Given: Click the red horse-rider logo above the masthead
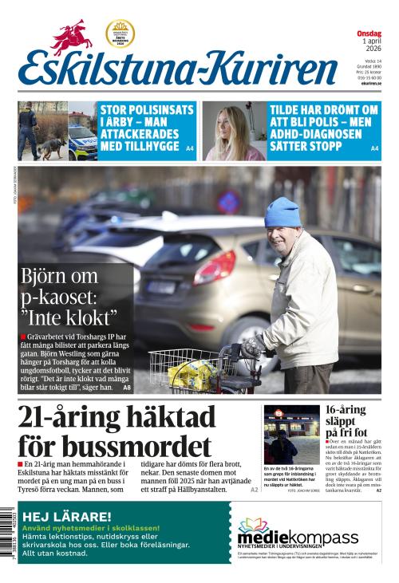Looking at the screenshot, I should pyautogui.click(x=73, y=37).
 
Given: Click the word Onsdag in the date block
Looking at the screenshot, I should pyautogui.click(x=369, y=33).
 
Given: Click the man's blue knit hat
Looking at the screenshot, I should pyautogui.click(x=282, y=211).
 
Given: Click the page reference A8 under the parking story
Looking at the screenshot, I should pyautogui.click(x=126, y=388).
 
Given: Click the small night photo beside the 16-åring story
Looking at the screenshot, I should pyautogui.click(x=291, y=434).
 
